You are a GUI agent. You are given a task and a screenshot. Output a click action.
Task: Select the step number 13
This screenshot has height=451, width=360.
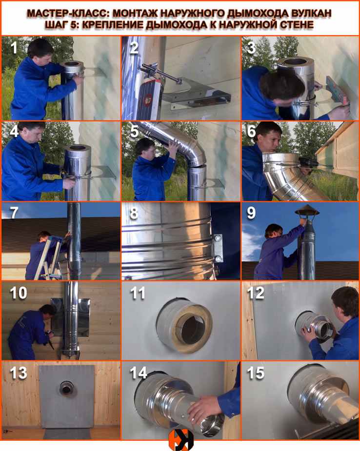[19, 373]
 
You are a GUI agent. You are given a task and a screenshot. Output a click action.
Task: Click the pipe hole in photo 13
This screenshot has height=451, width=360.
[66, 389]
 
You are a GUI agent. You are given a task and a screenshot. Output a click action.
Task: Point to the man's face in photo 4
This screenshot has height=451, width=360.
[31, 137]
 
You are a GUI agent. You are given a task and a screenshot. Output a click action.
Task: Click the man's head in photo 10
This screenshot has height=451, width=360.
[46, 311]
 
